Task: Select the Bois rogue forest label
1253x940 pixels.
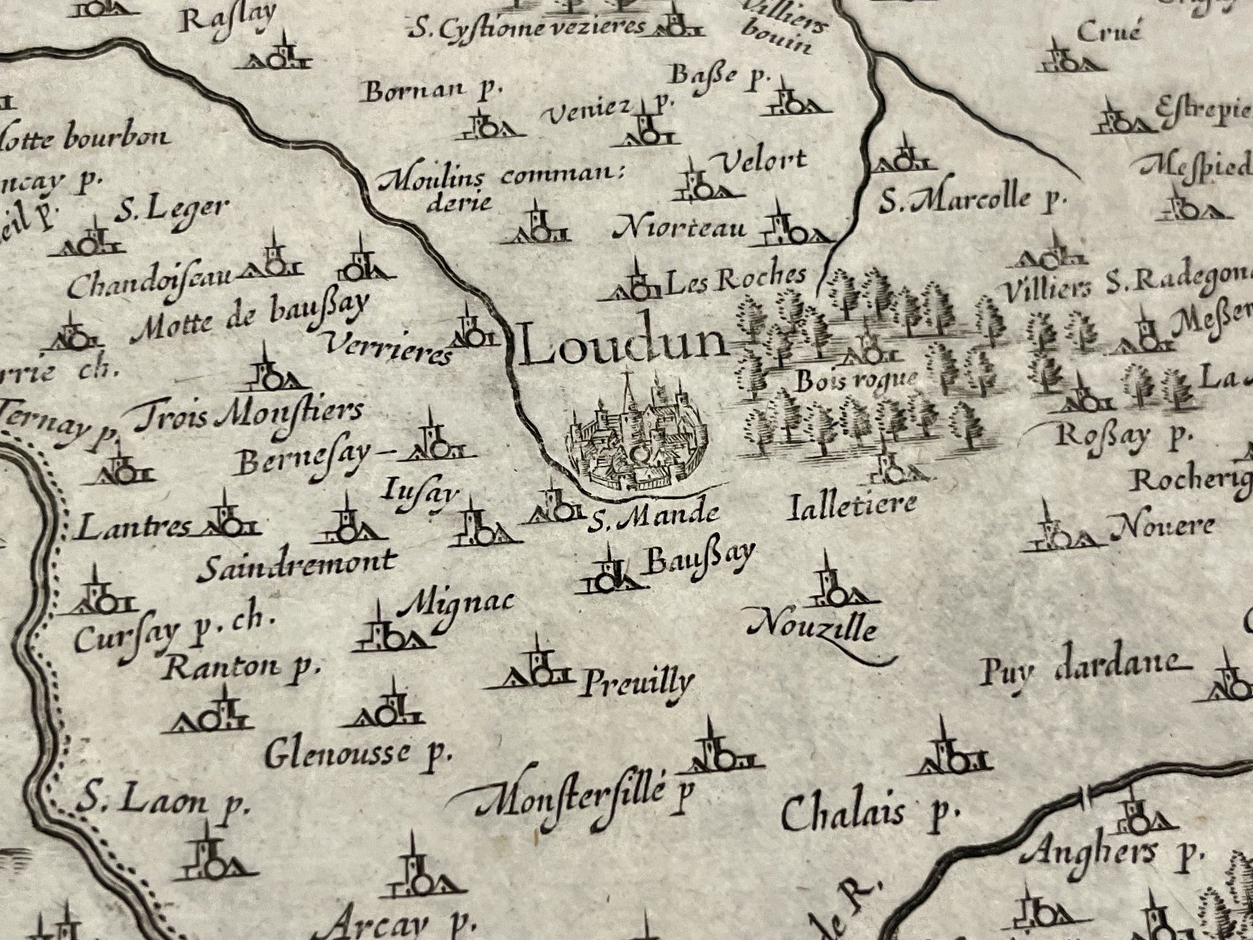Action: [855, 381]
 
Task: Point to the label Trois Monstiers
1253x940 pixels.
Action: [249, 415]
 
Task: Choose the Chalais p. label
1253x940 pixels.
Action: [866, 814]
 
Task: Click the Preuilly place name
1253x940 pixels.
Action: [636, 682]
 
